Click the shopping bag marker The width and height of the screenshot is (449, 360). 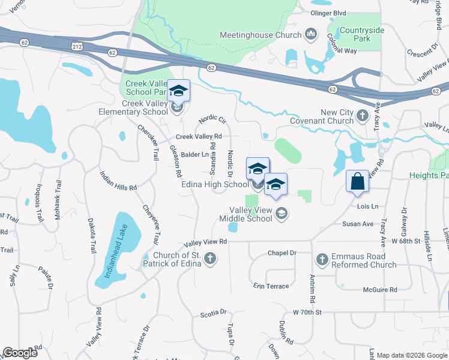pos(357,181)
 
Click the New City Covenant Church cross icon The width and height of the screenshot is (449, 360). pos(362,114)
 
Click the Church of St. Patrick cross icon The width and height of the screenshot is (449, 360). pos(209,259)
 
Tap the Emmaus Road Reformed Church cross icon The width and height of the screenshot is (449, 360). pos(322,259)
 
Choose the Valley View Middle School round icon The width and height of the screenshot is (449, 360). pos(281,213)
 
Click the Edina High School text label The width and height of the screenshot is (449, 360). pos(214,184)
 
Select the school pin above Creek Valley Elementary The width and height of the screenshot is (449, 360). pos(178,91)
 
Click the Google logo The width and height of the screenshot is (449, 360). pos(20,353)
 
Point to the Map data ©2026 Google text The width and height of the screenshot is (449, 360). pos(411,355)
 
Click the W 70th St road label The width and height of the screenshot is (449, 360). pos(308,313)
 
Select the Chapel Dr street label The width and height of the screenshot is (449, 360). pos(282,253)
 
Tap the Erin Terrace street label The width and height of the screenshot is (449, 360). pos(271,286)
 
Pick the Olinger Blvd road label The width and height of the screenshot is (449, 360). pos(328,13)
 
